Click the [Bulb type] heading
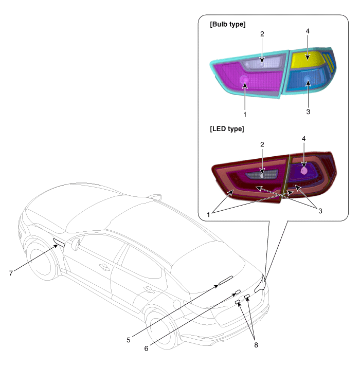pyautogui.click(x=227, y=24)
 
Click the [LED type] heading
pyautogui.click(x=227, y=129)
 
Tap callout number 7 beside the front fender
pyautogui.click(x=11, y=273)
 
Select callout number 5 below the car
pyautogui.click(x=128, y=340)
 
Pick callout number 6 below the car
pyautogui.click(x=146, y=348)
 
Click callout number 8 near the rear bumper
pyautogui.click(x=256, y=345)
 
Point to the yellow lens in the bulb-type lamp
pyautogui.click(x=307, y=58)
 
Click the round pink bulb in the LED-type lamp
pyautogui.click(x=304, y=171)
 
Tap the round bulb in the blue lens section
pyautogui.click(x=307, y=79)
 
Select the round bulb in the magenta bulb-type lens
pyautogui.click(x=244, y=80)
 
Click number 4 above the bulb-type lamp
pyautogui.click(x=308, y=31)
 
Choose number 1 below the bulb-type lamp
pyautogui.click(x=245, y=115)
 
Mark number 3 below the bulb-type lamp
pyautogui.click(x=308, y=112)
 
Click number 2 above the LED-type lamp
pyautogui.click(x=262, y=144)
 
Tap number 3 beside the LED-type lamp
pyautogui.click(x=320, y=211)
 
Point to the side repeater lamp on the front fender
pyautogui.click(x=59, y=242)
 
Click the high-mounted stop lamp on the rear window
pyautogui.click(x=225, y=280)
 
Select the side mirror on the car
pyautogui.click(x=76, y=244)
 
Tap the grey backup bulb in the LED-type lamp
pyautogui.click(x=262, y=175)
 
